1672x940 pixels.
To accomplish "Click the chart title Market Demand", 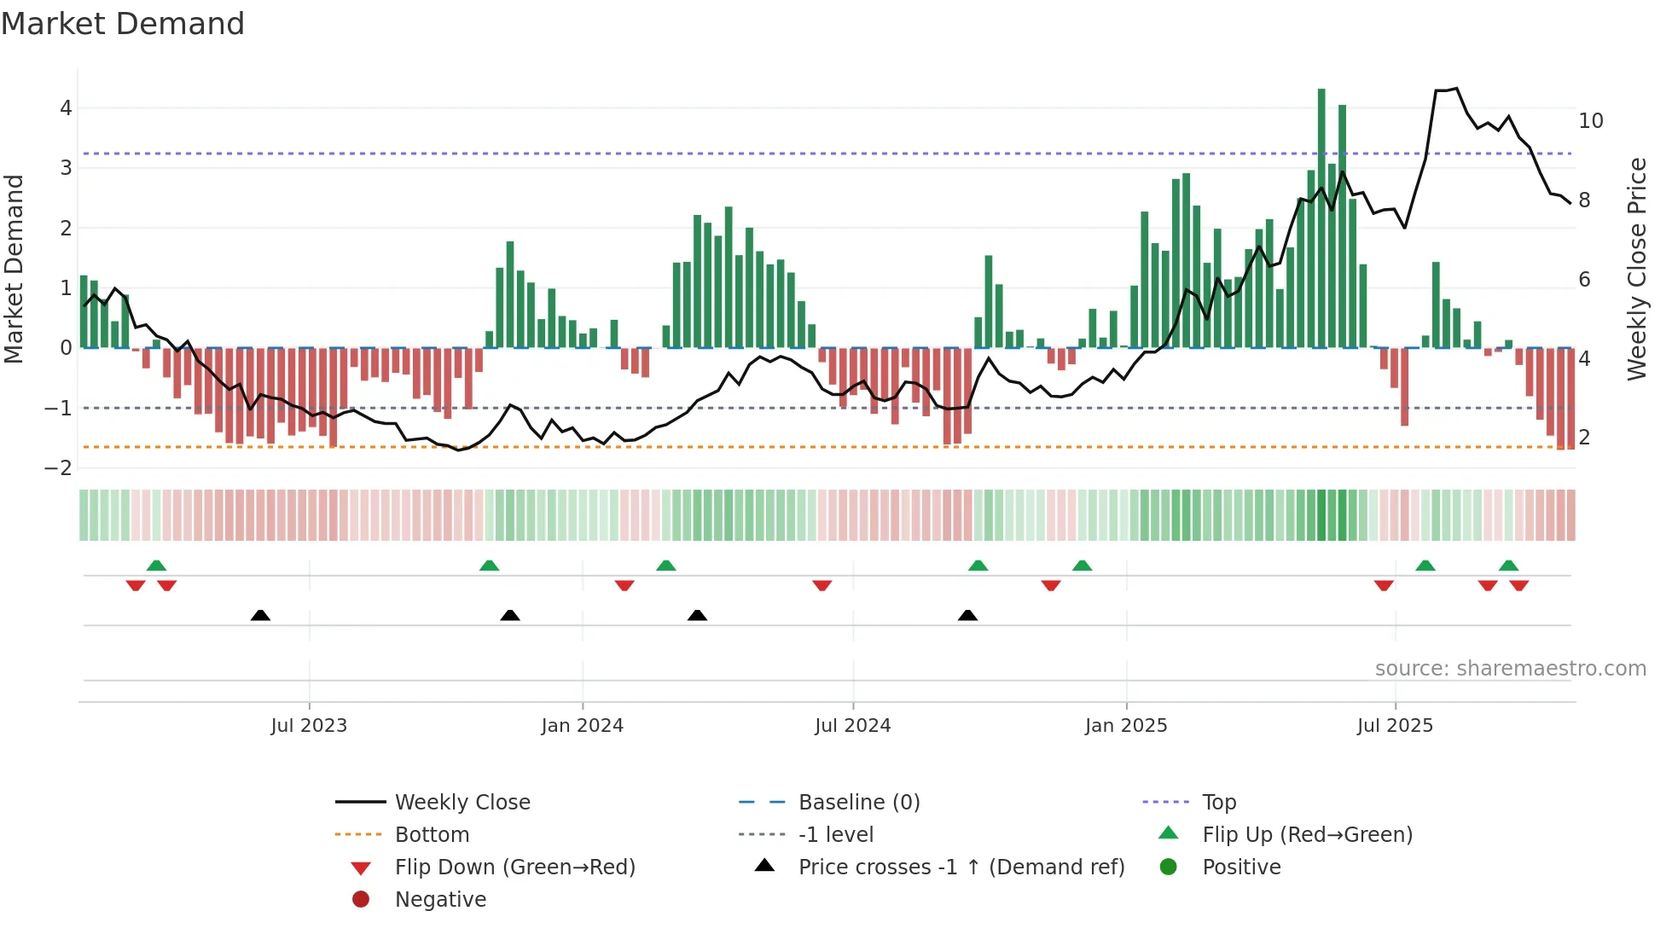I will coord(123,24).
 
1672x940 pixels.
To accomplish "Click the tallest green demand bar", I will coord(1321,213).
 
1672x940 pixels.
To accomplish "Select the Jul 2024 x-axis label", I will coord(852,726).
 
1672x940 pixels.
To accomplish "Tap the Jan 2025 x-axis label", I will coord(1125,726).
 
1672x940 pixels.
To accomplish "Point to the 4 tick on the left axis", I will coord(66,108).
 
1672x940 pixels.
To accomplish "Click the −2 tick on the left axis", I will coord(59,468).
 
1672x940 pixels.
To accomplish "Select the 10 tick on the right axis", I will coord(1590,121).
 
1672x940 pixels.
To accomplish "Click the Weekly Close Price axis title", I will coord(1636,269).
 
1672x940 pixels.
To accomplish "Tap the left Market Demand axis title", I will coord(15,269).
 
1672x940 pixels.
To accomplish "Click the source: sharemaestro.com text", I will coord(1510,669).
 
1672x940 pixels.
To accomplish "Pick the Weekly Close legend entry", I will coord(462,803).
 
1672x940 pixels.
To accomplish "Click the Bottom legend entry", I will coord(432,835).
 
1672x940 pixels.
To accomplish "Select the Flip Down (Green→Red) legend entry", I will coord(514,867).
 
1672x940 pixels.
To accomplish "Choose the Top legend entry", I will coord(1218,803).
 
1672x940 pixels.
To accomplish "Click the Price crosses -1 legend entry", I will coord(961,867).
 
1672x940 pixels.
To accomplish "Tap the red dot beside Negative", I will coord(361,900).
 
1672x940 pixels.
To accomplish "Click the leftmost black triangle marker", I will coord(260,616).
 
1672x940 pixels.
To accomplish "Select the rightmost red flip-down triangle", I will coord(1518,585).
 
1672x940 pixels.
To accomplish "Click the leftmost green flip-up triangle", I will coord(156,566).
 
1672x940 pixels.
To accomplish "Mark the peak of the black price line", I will coord(1457,89).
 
